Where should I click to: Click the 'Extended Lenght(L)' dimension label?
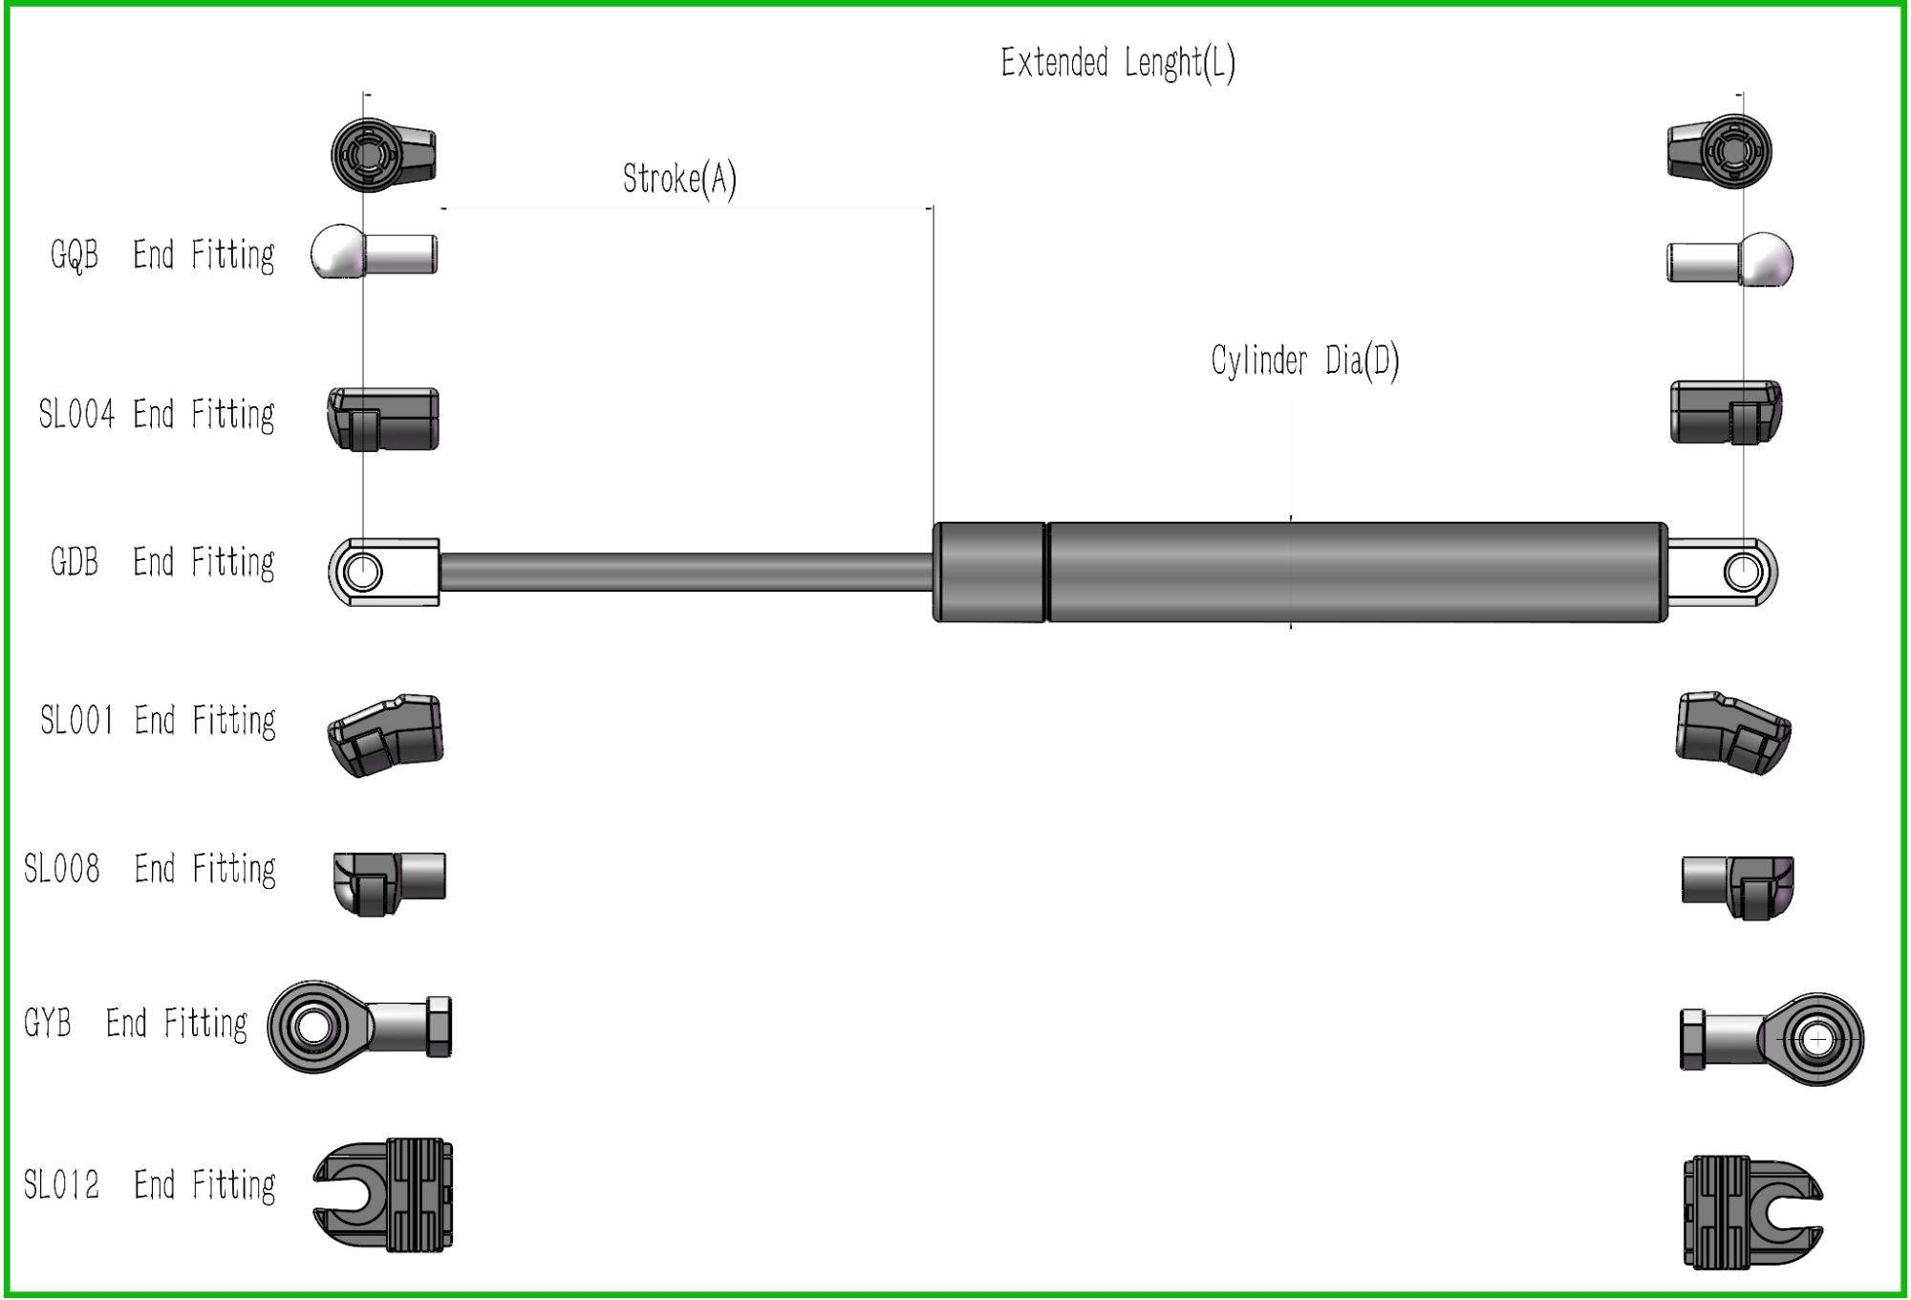click(1117, 63)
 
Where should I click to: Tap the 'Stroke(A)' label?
click(679, 179)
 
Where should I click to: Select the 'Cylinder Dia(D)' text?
click(1304, 361)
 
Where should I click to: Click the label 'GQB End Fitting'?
click(162, 255)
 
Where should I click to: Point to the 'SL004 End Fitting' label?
click(157, 415)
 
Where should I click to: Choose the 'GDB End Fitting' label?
click(162, 562)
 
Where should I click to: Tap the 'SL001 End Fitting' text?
click(158, 721)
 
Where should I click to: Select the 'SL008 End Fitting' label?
click(150, 869)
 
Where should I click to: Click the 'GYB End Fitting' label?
click(135, 1024)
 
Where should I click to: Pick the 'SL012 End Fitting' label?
click(150, 1185)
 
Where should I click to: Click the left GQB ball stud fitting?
click(374, 254)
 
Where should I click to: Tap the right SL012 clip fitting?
click(1751, 1212)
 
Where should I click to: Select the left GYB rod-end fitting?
click(358, 1027)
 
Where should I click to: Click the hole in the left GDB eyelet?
click(363, 573)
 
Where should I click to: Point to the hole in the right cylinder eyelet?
click(1744, 573)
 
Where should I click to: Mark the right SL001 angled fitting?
click(1733, 733)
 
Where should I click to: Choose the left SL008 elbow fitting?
click(389, 882)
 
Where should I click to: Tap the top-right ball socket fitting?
click(1720, 151)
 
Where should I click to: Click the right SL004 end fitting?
click(1726, 412)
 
